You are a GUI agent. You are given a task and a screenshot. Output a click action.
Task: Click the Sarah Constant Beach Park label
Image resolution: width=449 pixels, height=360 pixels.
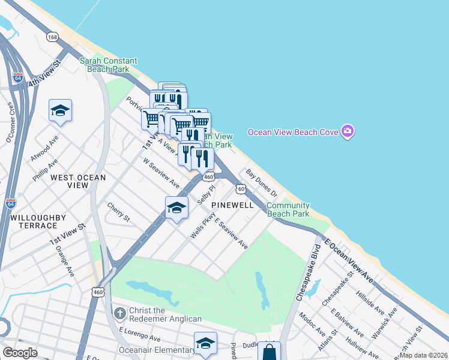(x=108, y=65)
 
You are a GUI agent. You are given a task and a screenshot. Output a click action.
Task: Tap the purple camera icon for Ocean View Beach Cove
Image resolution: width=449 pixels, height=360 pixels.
(x=347, y=131)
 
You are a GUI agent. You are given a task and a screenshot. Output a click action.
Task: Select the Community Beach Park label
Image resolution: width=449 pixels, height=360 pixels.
(x=288, y=209)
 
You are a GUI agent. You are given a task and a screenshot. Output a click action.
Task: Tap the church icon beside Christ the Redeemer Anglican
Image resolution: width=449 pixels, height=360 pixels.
(x=119, y=313)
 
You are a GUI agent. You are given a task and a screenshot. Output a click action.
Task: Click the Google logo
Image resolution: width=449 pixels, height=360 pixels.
(x=20, y=353)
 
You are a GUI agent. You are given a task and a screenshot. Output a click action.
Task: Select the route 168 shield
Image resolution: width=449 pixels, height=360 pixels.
(x=53, y=37)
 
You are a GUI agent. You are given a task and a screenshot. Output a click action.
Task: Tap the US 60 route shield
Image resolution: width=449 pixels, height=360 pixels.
(x=241, y=189)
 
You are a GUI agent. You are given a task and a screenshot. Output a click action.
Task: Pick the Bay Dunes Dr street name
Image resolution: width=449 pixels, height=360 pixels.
(x=262, y=183)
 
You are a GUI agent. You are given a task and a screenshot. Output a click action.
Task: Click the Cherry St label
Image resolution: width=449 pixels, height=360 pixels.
(x=118, y=211)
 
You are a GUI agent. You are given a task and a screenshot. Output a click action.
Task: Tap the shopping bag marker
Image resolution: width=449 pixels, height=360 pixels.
(x=269, y=352)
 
